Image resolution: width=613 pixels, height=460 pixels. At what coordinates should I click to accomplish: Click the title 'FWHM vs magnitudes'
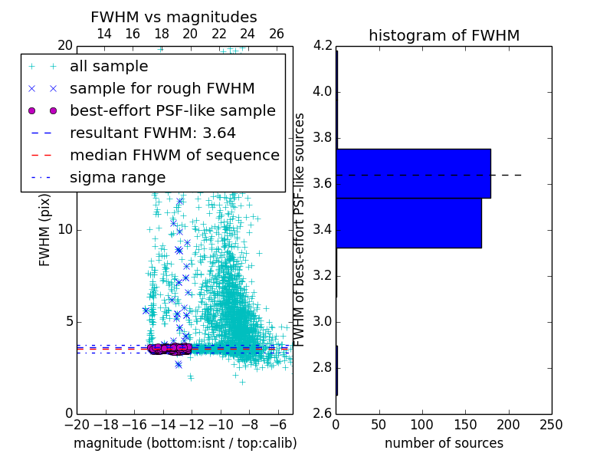174,17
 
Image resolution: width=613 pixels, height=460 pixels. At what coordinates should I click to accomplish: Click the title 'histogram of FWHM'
444,35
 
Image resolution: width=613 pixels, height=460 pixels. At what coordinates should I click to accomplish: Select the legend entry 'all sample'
109,66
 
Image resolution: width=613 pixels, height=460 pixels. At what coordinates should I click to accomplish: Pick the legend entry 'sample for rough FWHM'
162,88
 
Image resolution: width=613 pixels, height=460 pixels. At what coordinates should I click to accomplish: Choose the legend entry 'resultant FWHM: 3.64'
152,133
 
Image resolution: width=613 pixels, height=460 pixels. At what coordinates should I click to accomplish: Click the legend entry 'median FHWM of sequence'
175,155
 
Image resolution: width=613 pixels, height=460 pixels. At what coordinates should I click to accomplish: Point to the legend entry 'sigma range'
117,177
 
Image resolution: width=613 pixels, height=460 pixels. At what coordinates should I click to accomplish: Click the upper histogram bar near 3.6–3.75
413,173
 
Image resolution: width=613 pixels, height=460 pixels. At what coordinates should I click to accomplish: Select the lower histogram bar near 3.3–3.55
408,222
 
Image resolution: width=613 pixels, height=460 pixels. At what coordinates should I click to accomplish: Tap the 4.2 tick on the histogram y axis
322,46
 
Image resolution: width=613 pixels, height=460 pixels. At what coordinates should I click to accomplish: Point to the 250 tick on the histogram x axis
551,425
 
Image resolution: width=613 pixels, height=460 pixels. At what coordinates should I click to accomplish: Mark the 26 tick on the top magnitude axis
277,34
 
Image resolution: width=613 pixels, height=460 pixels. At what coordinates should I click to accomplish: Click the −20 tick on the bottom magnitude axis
77,425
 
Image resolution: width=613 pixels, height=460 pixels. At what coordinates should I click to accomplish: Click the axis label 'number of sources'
444,443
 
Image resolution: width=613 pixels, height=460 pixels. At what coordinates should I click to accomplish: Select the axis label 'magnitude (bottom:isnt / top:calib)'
185,443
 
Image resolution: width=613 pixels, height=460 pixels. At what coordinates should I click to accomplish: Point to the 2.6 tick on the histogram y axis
322,413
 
